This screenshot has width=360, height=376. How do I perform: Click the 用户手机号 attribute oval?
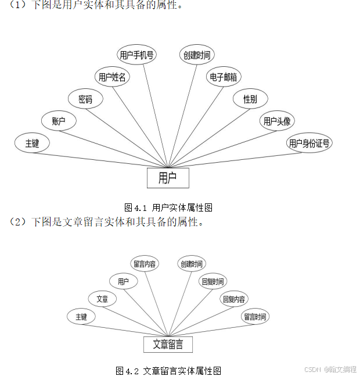(136, 55)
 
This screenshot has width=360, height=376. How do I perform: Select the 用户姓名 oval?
(112, 77)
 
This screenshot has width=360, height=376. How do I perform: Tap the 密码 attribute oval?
(85, 99)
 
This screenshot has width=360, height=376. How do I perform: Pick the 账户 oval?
(59, 121)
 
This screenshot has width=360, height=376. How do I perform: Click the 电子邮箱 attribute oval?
(223, 77)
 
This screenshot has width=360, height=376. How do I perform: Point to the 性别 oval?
(250, 99)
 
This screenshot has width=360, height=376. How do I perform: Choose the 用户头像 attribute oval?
(277, 121)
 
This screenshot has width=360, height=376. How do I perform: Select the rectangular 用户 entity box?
(168, 177)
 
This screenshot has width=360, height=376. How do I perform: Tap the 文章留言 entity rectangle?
(168, 344)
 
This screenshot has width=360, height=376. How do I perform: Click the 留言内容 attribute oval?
(145, 264)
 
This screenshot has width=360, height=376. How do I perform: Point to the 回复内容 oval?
(233, 299)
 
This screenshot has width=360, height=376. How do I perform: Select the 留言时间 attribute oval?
(255, 317)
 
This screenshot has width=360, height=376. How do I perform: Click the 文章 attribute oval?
(102, 299)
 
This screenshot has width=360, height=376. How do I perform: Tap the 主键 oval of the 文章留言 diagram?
(81, 317)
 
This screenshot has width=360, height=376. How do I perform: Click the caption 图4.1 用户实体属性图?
(168, 207)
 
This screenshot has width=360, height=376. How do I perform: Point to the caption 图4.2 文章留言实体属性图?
(168, 370)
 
